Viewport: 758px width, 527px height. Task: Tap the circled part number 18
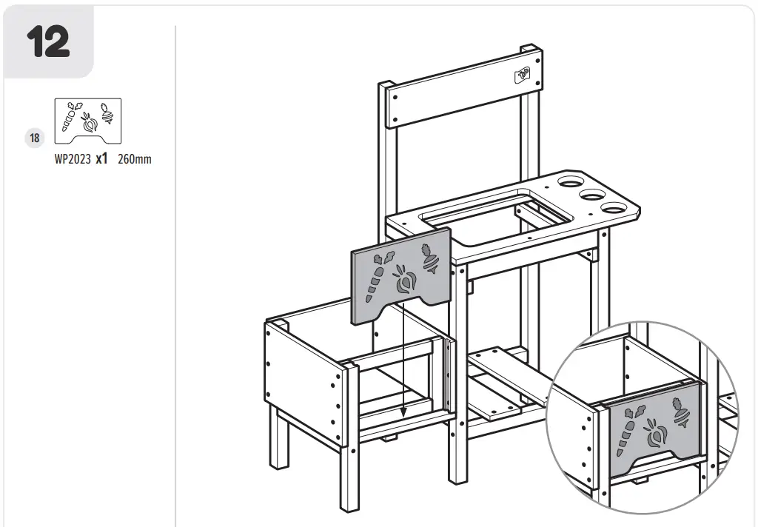pos(35,137)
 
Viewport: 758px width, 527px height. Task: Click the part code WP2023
pos(72,158)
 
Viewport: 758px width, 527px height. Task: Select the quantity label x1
pos(102,158)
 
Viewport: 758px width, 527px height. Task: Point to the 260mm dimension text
pos(134,158)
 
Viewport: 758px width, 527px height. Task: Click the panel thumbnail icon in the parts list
pos(88,121)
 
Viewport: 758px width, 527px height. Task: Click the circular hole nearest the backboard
pos(570,181)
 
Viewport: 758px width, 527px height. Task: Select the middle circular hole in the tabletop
pos(593,195)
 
